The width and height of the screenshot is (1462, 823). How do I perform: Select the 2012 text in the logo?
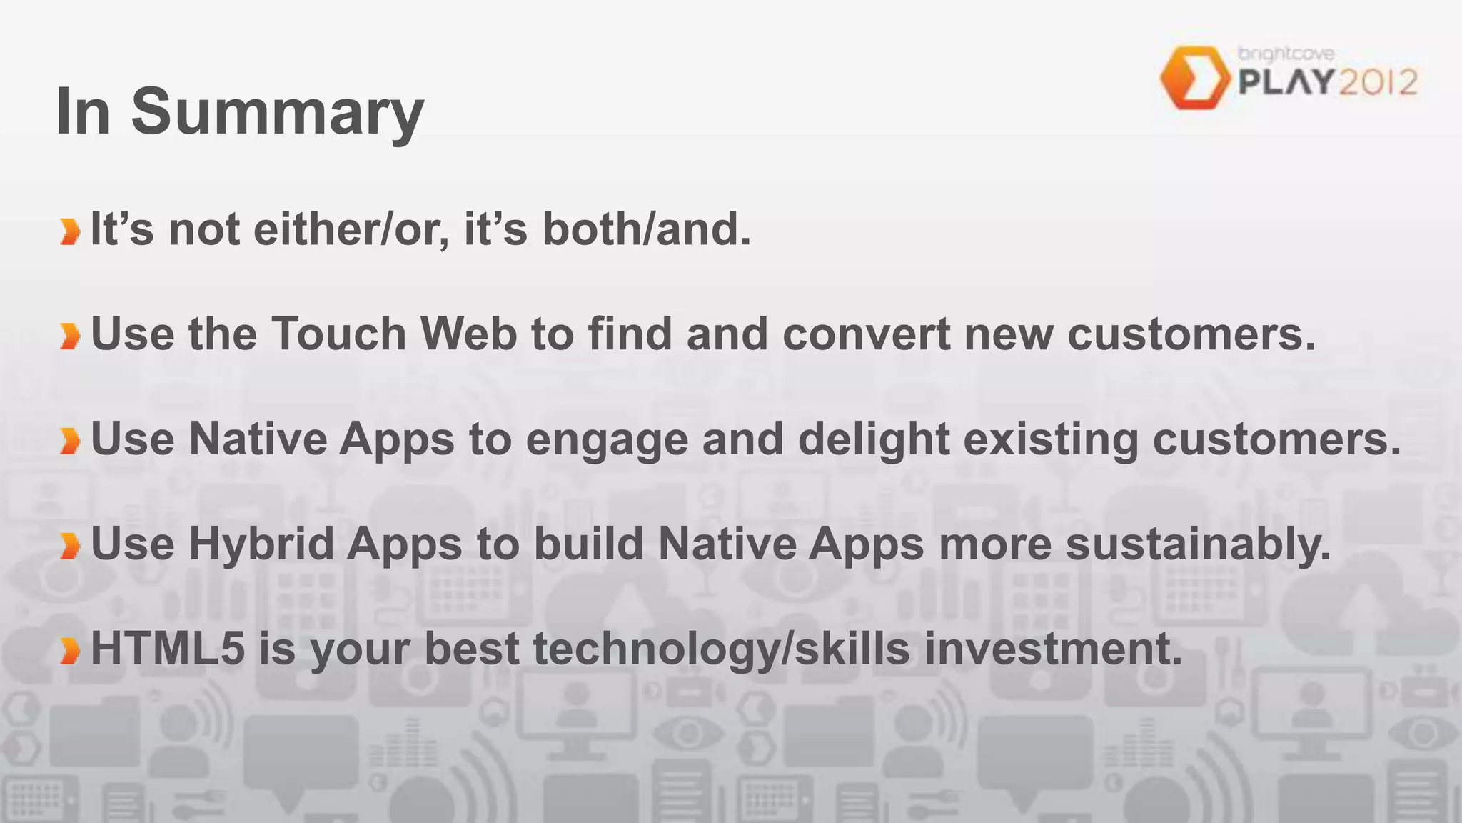1378,83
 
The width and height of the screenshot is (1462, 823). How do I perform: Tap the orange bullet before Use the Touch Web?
70,336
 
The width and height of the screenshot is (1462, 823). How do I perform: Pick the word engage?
607,439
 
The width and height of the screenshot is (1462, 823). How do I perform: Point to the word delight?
874,439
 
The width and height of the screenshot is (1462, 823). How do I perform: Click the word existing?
1051,439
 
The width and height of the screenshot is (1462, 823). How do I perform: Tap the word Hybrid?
261,544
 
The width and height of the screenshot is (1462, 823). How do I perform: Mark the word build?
589,544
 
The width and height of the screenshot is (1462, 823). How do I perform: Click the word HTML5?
168,649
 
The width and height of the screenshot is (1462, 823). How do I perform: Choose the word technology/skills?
722,649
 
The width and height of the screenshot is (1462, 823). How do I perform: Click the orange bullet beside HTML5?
70,651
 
